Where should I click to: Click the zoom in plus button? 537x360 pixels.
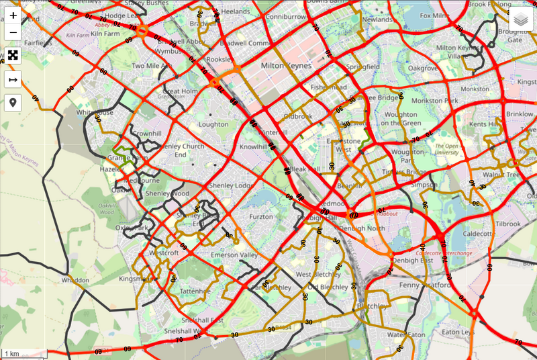13,15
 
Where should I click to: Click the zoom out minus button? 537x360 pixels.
13,32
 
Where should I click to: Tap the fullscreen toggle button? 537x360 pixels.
13,55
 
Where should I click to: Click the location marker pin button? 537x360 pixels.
13,103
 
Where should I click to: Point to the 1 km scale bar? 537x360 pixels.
23,354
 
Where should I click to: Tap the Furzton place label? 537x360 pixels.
261,217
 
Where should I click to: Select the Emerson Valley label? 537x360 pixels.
235,255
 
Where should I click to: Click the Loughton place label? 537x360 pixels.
213,124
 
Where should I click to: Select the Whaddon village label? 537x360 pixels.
75,279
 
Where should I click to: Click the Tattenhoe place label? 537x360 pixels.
195,291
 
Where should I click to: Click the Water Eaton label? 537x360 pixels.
407,334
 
